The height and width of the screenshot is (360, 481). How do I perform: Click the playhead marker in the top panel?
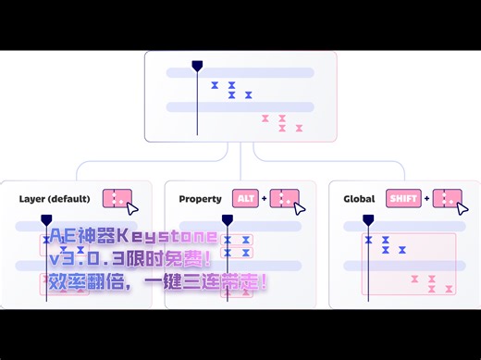[x=196, y=66]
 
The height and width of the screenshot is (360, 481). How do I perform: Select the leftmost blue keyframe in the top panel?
[x=215, y=85]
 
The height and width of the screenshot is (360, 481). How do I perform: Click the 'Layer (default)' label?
[x=55, y=199]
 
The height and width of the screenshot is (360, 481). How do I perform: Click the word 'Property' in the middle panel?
[x=200, y=199]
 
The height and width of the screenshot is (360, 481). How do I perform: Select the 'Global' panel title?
[x=359, y=199]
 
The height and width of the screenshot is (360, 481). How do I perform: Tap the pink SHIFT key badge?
[x=403, y=199]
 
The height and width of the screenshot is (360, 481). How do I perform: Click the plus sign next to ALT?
[x=264, y=199]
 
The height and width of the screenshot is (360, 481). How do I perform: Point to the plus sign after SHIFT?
[x=426, y=199]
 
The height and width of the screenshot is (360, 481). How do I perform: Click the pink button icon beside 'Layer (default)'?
[x=117, y=198]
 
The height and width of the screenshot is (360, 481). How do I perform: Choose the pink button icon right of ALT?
[x=284, y=199]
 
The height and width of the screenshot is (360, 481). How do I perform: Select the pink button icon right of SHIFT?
[x=447, y=199]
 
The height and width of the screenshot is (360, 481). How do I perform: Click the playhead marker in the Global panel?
[x=368, y=220]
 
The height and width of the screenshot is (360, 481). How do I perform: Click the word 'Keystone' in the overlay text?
[x=175, y=237]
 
